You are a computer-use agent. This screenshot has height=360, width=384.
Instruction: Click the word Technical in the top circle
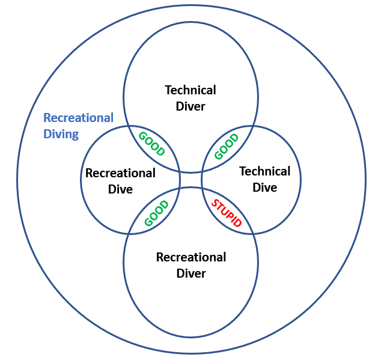[190, 90]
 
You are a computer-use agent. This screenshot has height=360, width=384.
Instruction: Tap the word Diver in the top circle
[190, 106]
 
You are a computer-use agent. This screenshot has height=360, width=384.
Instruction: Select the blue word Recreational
[78, 118]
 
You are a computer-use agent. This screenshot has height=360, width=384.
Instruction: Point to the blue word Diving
[61, 134]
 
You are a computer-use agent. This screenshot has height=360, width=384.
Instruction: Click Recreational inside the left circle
[120, 173]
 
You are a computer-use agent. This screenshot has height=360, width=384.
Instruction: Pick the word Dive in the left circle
[120, 189]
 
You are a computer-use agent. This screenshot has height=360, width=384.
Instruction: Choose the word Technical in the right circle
[264, 171]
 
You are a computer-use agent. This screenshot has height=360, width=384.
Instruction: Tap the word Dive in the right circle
[264, 188]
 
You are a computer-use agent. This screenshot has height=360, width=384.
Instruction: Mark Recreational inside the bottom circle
[191, 257]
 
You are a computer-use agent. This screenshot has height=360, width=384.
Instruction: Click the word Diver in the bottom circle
[191, 273]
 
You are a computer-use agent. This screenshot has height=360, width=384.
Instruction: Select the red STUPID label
[227, 212]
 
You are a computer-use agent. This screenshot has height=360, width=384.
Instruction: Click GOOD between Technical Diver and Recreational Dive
[151, 144]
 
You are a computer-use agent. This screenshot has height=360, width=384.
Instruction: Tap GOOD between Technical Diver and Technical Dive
[227, 146]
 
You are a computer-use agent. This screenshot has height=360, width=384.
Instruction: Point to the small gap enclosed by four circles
[190, 180]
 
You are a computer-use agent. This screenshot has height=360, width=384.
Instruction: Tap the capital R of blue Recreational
[47, 118]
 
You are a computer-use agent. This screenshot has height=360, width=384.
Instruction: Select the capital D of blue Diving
[47, 134]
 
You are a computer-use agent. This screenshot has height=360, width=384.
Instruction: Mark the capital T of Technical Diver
[168, 90]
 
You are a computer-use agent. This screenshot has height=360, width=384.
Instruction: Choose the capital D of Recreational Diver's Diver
[180, 273]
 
